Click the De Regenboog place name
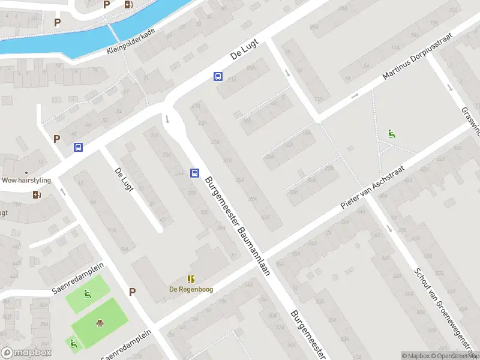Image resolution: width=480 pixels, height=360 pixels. pos(191,289)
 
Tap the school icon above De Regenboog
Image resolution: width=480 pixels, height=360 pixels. pos(191,279)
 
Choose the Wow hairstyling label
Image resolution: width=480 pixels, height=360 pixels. pos(26,180)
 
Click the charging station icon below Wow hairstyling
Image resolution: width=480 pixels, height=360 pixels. pos(37,194)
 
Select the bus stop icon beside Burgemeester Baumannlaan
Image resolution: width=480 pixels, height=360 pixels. pos(194,173)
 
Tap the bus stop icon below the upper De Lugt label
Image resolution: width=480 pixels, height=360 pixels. pos(218,77)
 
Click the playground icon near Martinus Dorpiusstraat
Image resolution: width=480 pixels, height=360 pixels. pos(392,134)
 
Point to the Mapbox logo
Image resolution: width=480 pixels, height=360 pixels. pos(26,353)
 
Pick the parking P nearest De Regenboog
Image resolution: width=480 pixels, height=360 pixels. pos(132,292)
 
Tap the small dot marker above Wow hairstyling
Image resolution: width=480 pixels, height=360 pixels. pos(26,156)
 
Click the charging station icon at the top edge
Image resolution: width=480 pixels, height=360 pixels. pos(128,5)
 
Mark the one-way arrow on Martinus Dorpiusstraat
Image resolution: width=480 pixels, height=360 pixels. pos(355,95)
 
